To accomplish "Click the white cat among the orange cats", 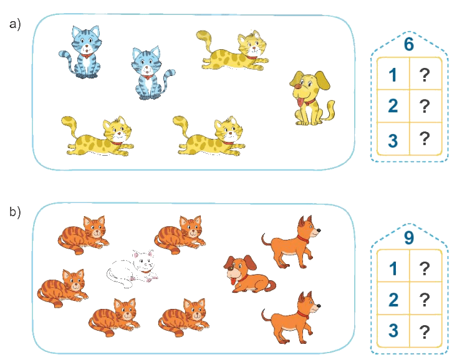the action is pyautogui.click(x=133, y=268).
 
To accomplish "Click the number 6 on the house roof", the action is pyautogui.click(x=408, y=44).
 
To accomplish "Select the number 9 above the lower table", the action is pyautogui.click(x=408, y=237).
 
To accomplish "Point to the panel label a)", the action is pyautogui.click(x=15, y=24).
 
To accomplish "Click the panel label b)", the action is pyautogui.click(x=15, y=212).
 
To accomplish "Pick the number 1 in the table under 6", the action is pyautogui.click(x=393, y=75).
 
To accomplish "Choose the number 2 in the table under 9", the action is pyautogui.click(x=393, y=300).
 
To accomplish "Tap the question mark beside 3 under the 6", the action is pyautogui.click(x=425, y=139).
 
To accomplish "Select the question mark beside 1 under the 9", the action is pyautogui.click(x=425, y=268).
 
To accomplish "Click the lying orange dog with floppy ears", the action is pyautogui.click(x=249, y=274).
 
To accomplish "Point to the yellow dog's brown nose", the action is pyautogui.click(x=298, y=86).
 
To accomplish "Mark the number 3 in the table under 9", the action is pyautogui.click(x=393, y=331).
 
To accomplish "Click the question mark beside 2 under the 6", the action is pyautogui.click(x=425, y=106).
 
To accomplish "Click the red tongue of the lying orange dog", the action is pyautogui.click(x=233, y=282).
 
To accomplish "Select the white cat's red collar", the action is pyautogui.click(x=146, y=272).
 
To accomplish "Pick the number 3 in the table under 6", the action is pyautogui.click(x=393, y=140).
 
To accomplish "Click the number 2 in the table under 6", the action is pyautogui.click(x=393, y=106).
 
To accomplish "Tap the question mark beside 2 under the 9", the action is pyautogui.click(x=425, y=300).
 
